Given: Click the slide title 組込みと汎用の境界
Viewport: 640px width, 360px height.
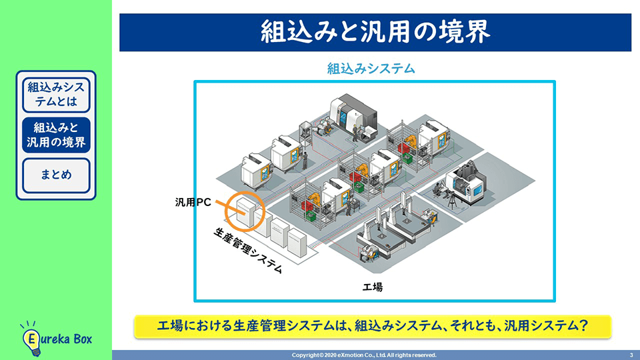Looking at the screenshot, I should click(x=375, y=31).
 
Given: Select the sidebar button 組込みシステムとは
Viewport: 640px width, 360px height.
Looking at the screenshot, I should click(x=56, y=94).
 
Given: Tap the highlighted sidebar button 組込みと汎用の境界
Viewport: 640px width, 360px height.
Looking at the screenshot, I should click(x=56, y=135).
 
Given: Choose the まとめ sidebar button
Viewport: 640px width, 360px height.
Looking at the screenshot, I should click(x=56, y=175).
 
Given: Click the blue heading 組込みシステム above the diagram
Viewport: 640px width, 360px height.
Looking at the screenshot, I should click(x=371, y=68).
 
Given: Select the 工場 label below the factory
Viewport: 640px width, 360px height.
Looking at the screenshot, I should click(x=372, y=287).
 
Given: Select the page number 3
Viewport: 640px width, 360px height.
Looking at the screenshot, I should click(x=630, y=355).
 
